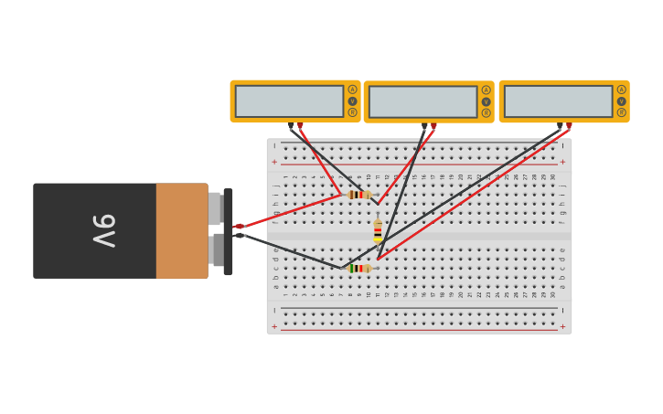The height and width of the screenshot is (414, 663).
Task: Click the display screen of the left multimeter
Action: pyautogui.click(x=289, y=101)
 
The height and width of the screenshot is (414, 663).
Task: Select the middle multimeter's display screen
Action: pyautogui.click(x=422, y=101)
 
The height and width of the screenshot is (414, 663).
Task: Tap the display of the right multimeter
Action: pyautogui.click(x=558, y=101)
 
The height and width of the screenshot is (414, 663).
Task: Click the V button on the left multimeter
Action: pyautogui.click(x=352, y=101)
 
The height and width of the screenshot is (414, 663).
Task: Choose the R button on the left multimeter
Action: pyautogui.click(x=352, y=112)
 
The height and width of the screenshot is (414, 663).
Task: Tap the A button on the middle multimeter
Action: pyautogui.click(x=486, y=90)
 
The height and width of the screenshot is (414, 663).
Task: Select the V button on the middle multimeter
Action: pyautogui.click(x=486, y=101)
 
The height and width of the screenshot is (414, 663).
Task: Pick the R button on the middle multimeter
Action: pyautogui.click(x=486, y=112)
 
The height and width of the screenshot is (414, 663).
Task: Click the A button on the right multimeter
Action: pyautogui.click(x=621, y=90)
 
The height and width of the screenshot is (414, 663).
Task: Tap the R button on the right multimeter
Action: pyautogui.click(x=621, y=112)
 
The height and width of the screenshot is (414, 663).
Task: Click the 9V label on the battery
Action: pyautogui.click(x=102, y=230)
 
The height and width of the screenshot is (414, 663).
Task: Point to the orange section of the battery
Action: pyautogui.click(x=182, y=230)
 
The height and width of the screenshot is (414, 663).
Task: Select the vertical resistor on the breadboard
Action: pyautogui.click(x=378, y=230)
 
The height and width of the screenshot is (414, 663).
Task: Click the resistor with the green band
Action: pyautogui.click(x=358, y=268)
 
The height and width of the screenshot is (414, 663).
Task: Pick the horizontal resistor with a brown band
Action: pyautogui.click(x=358, y=195)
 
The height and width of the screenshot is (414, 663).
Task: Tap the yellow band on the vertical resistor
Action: pyautogui.click(x=378, y=239)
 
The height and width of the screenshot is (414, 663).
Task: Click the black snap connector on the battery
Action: pyautogui.click(x=228, y=230)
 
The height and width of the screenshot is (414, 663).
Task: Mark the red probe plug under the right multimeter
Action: pyautogui.click(x=569, y=126)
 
